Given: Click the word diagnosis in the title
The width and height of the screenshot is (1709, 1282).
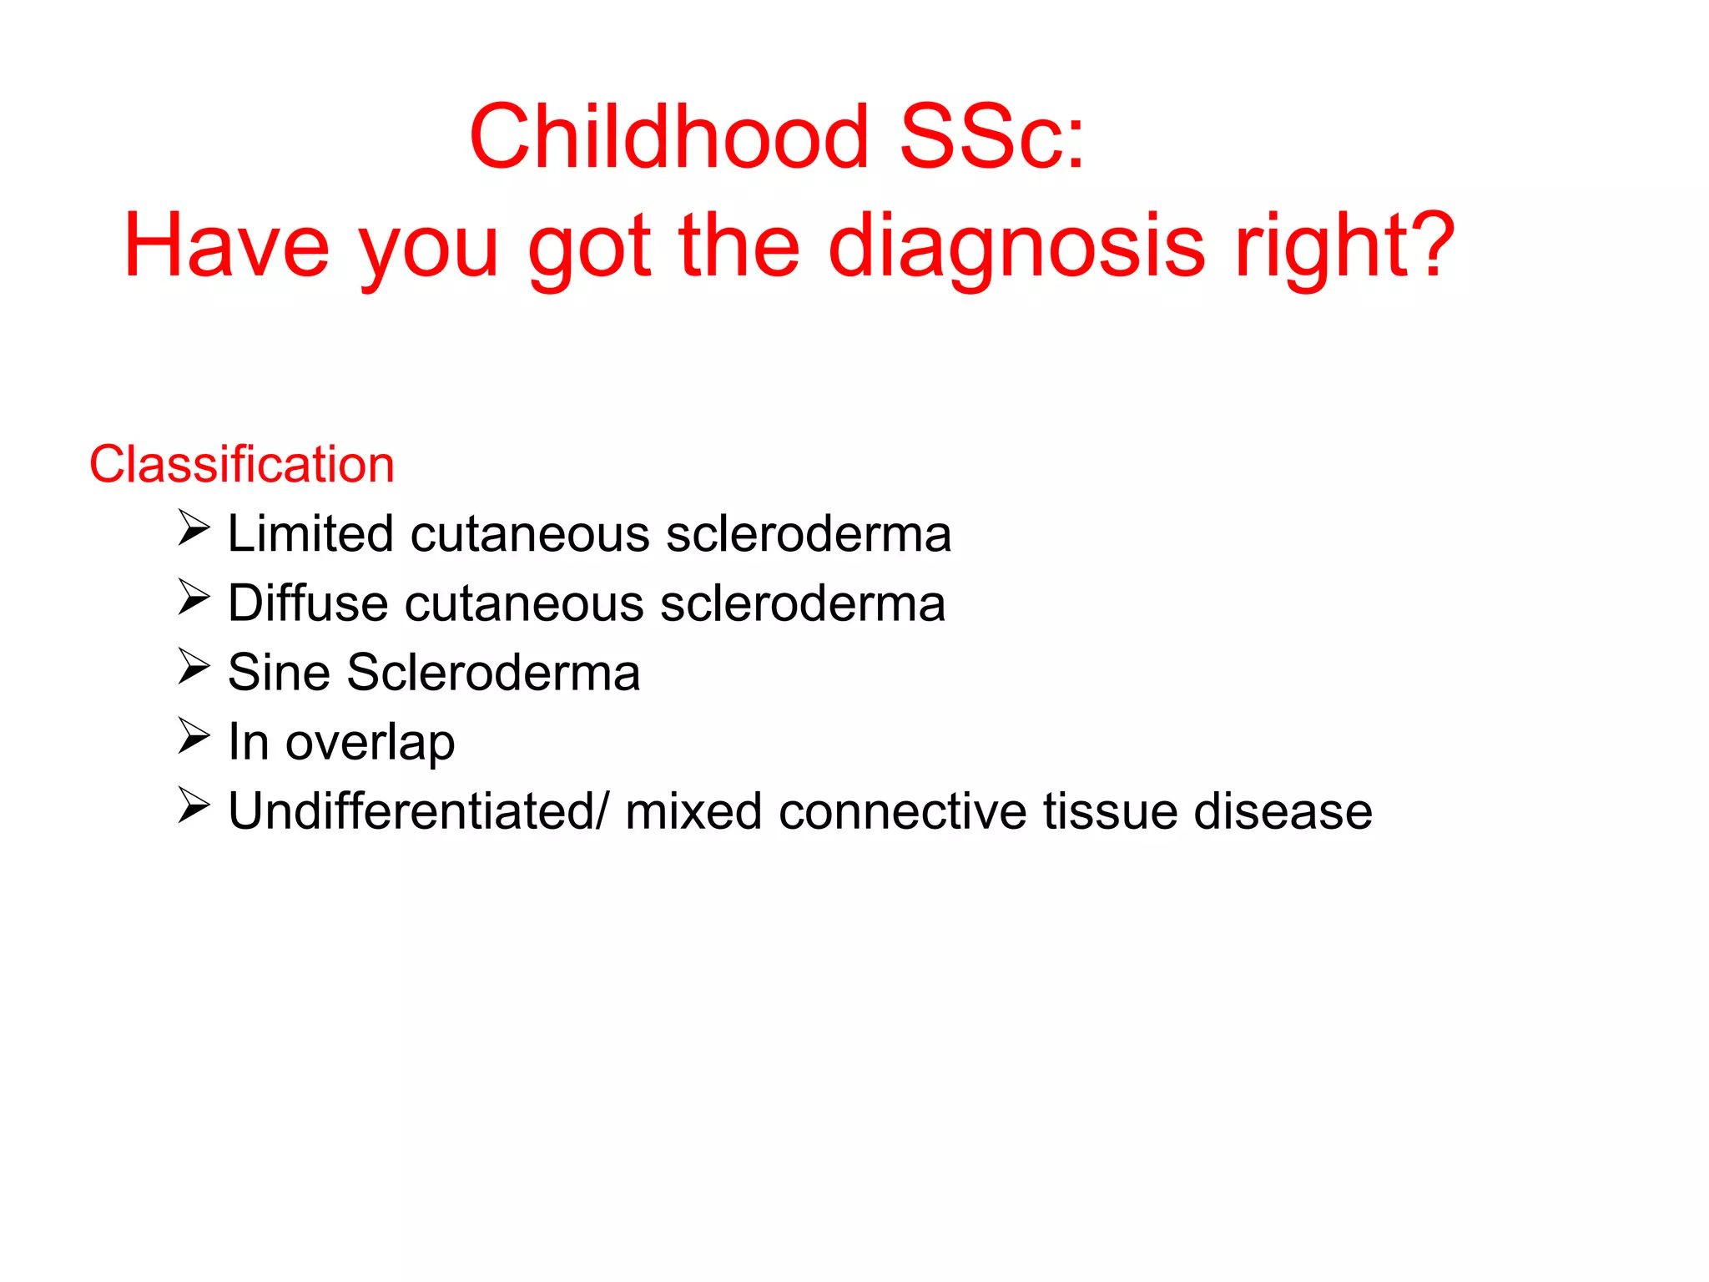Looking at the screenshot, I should [x=1016, y=247].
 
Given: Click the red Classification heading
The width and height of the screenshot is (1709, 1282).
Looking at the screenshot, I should [x=242, y=464].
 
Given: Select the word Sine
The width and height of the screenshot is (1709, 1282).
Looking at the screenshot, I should [x=279, y=673].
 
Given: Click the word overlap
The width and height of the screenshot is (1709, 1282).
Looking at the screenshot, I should [x=370, y=742].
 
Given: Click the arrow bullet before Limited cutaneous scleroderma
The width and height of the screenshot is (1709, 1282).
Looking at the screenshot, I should [x=194, y=529].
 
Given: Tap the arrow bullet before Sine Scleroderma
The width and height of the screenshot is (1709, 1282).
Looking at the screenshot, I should [x=194, y=668].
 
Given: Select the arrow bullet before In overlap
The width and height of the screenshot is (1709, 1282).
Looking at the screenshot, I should [x=194, y=737].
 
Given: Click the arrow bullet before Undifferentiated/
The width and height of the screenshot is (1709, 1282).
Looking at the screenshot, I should [x=194, y=806].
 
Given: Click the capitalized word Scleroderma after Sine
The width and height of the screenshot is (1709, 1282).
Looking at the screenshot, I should [x=493, y=673].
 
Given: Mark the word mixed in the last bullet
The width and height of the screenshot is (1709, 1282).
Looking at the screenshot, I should [x=693, y=811].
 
